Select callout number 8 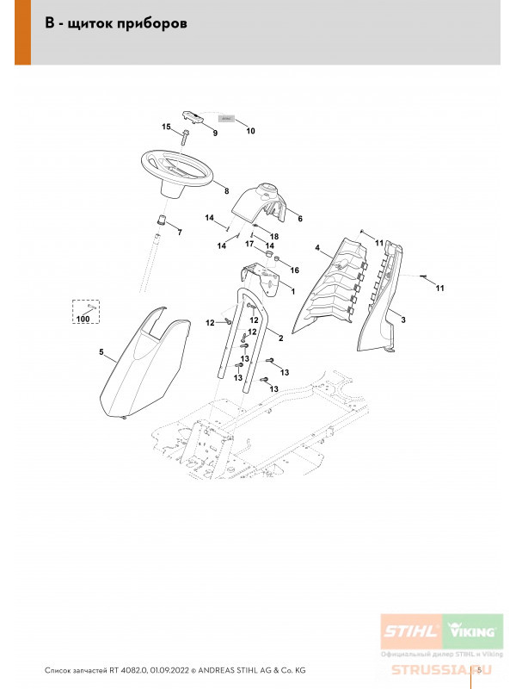226,190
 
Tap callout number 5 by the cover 101,352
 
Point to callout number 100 83,320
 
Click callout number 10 251,132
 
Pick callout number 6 300,219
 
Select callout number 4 316,249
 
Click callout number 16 295,270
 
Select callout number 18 275,236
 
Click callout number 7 180,233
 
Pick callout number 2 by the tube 280,330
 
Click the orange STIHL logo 410,631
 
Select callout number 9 215,133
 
